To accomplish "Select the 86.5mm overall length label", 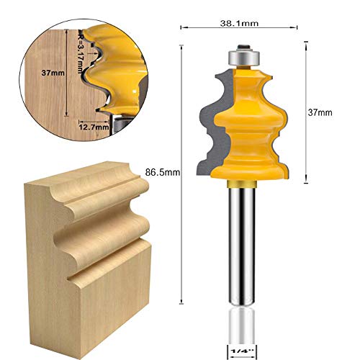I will [x=162, y=171].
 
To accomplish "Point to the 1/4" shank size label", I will [x=243, y=351].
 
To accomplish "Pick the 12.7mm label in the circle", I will [x=94, y=127].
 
